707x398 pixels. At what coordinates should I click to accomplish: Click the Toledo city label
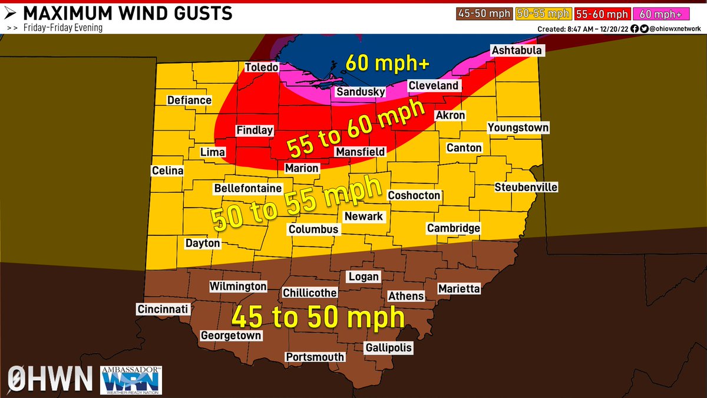[x=261, y=67]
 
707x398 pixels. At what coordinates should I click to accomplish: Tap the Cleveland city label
[x=433, y=85]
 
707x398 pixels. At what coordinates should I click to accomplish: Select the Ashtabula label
[x=516, y=51]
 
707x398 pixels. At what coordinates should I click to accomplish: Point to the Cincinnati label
[x=163, y=310]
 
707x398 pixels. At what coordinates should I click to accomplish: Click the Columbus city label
[x=313, y=229]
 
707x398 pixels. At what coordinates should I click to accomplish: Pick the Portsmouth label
[x=315, y=357]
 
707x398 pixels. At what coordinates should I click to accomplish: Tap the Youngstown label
[x=518, y=128]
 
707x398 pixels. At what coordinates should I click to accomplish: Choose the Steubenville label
[x=526, y=188]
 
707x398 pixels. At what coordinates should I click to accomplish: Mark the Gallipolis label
[x=388, y=348]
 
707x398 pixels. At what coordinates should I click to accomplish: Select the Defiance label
[x=189, y=100]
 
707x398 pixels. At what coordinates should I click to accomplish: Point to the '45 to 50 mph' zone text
[x=318, y=317]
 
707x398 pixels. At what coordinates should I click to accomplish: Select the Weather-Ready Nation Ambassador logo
[x=132, y=379]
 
